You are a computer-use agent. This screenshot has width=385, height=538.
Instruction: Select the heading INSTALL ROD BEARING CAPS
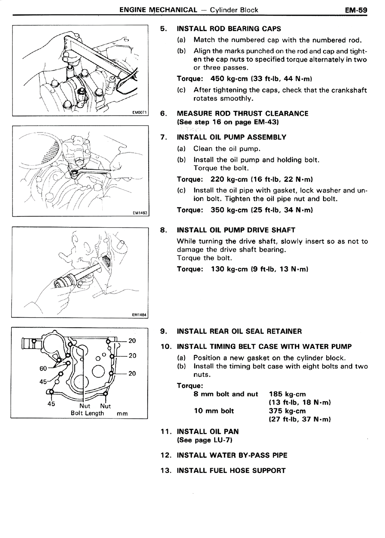click(x=229, y=29)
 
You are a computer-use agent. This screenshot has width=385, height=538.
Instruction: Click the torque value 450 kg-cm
click(x=229, y=79)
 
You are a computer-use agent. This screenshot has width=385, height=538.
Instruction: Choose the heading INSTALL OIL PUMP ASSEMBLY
click(x=232, y=137)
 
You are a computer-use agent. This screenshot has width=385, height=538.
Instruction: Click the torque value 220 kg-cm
click(x=229, y=179)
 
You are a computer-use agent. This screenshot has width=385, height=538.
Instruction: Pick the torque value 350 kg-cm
click(x=229, y=210)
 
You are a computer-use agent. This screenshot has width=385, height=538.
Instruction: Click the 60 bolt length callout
click(x=43, y=369)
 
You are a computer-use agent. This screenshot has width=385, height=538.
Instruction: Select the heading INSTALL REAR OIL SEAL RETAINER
click(x=239, y=331)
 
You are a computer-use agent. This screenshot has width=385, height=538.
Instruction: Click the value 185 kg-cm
click(x=287, y=394)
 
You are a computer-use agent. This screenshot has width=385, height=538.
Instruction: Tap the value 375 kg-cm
click(x=287, y=411)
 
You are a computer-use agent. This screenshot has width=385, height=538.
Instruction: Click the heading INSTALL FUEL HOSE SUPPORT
click(x=231, y=470)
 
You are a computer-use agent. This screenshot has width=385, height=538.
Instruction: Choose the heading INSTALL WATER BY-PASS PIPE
click(x=232, y=455)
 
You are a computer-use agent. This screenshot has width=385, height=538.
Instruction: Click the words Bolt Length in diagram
click(x=87, y=413)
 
